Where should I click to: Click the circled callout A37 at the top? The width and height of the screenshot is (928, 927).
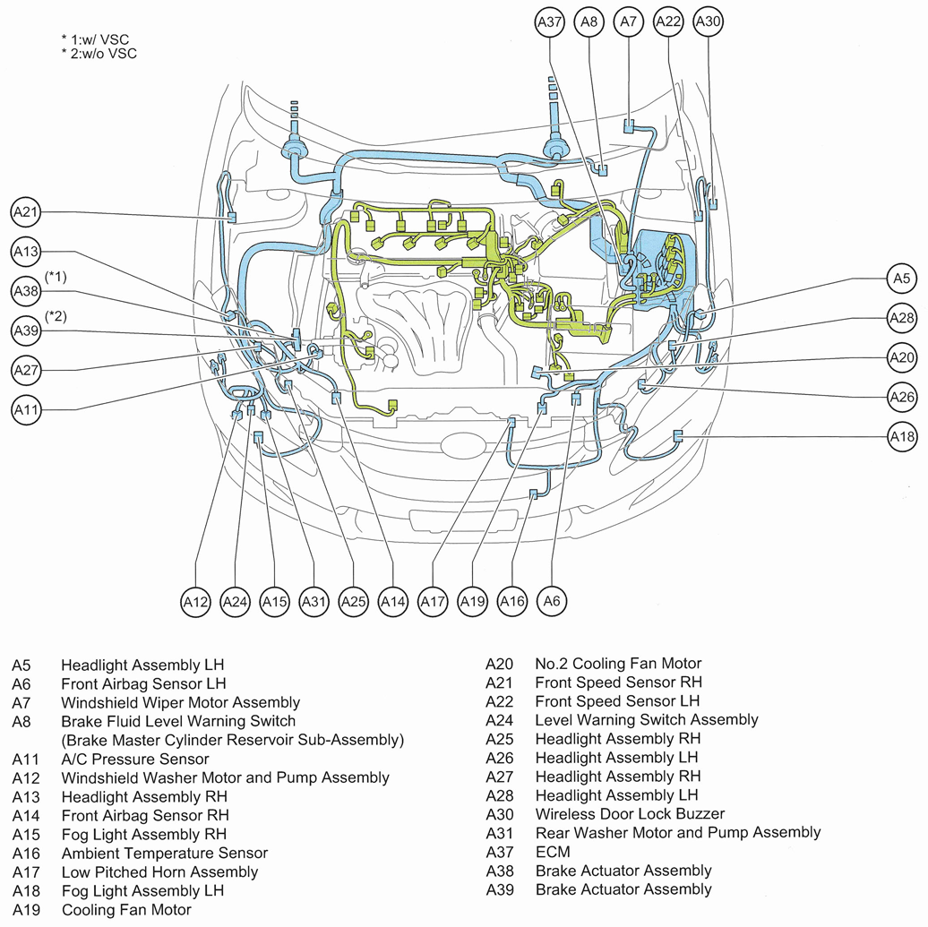[x=550, y=21]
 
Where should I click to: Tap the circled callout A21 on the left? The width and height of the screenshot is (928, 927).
[x=27, y=213]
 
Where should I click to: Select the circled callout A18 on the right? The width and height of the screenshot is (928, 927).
[x=902, y=436]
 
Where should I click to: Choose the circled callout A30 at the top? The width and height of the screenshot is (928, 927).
[x=708, y=21]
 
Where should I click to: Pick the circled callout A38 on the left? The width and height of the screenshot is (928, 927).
[x=27, y=291]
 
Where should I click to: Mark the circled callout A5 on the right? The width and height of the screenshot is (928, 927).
[x=902, y=279]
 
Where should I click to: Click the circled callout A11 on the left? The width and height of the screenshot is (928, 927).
[x=27, y=409]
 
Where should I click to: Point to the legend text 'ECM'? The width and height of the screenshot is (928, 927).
[x=552, y=852]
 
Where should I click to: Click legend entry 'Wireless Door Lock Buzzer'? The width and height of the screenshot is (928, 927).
[x=630, y=814]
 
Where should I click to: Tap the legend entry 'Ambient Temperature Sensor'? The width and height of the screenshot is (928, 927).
[x=165, y=853]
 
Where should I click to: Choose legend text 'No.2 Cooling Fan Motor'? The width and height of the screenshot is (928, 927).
[x=618, y=664]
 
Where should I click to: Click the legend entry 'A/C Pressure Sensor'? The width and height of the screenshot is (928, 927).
[x=135, y=759]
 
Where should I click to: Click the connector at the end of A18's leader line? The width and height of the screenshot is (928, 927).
[x=677, y=435]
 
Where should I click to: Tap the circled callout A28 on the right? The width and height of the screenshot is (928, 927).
[x=902, y=318]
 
